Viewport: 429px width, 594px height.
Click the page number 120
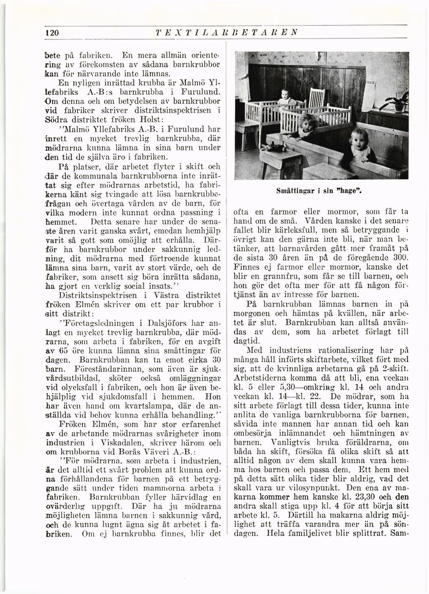point(52,33)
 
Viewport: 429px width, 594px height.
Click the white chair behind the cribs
point(316,98)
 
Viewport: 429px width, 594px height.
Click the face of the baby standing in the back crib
point(285,94)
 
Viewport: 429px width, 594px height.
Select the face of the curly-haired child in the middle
point(309,122)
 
